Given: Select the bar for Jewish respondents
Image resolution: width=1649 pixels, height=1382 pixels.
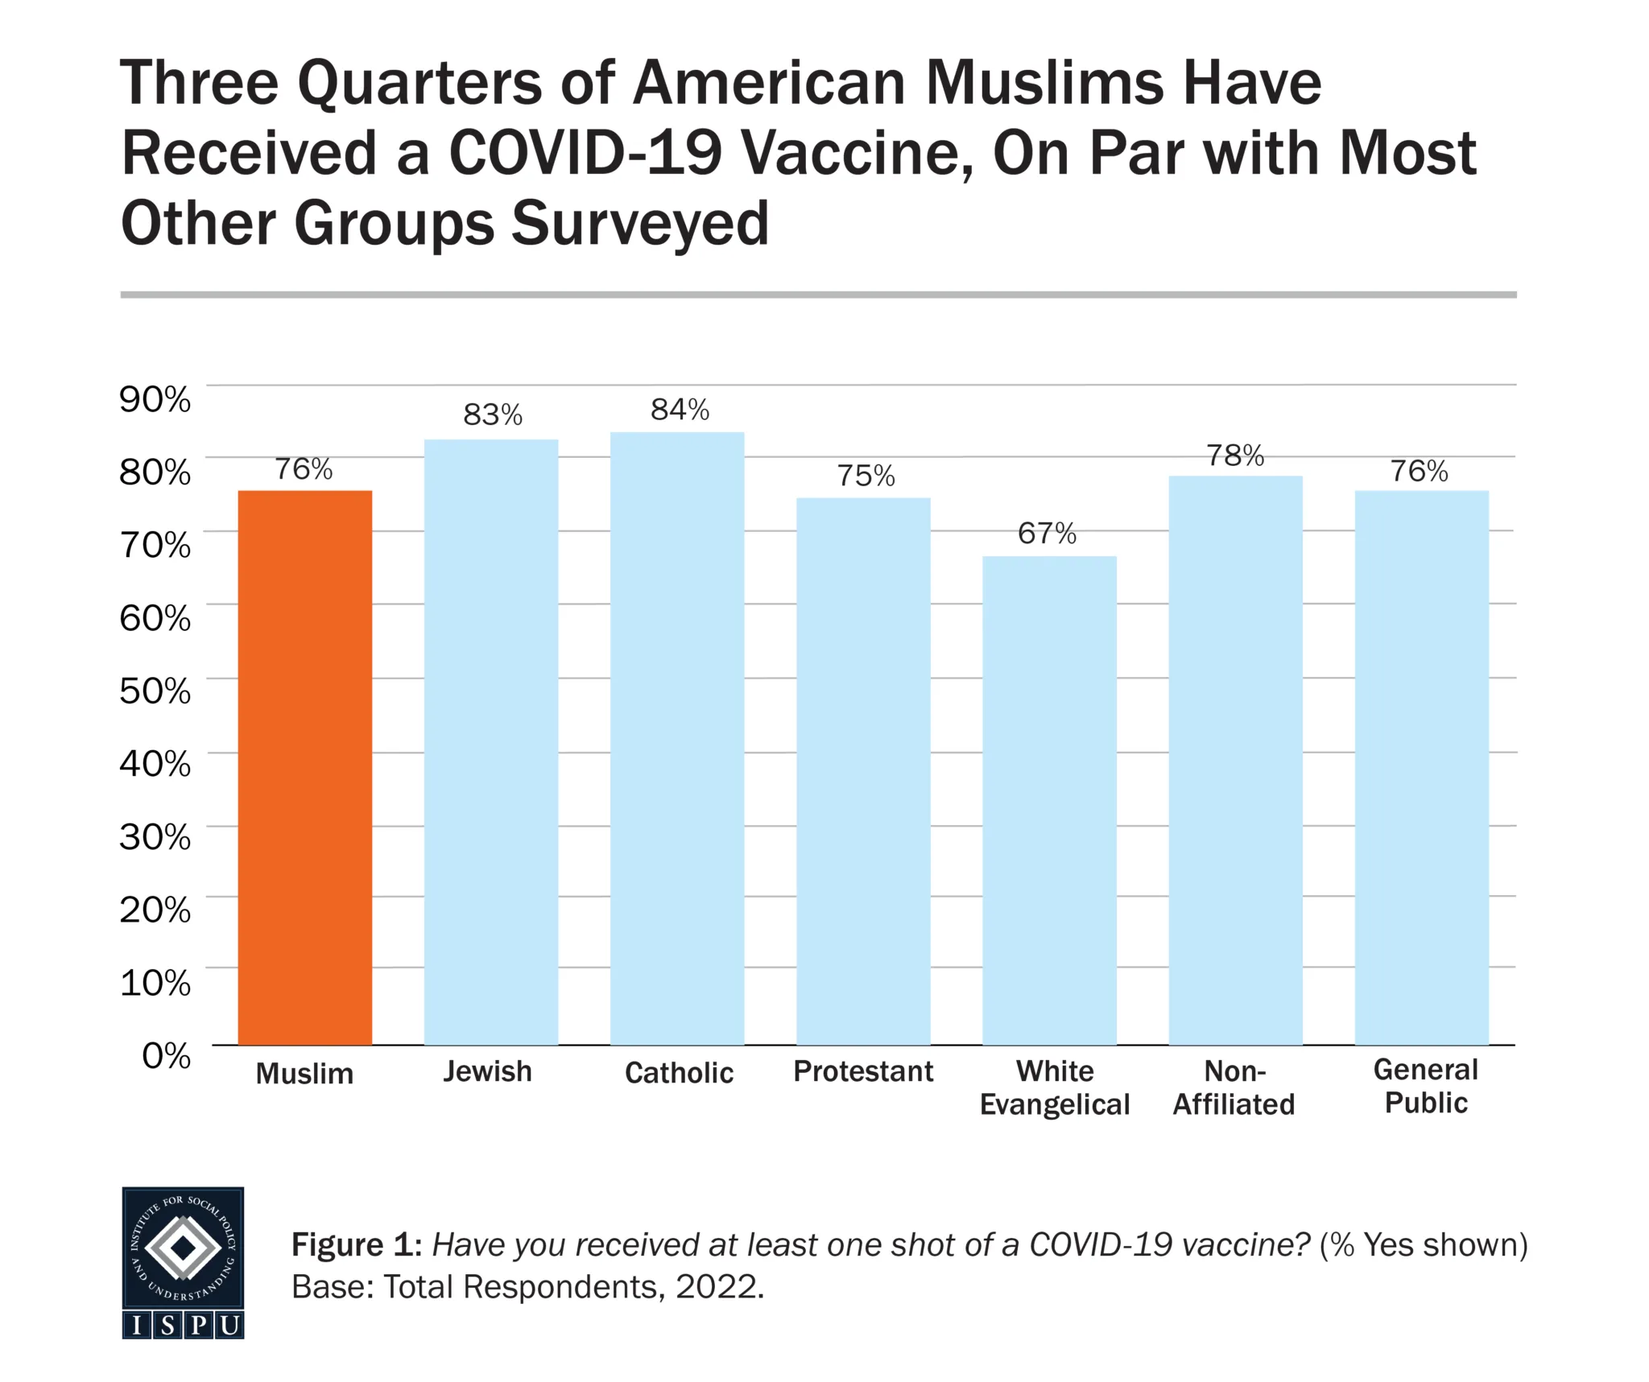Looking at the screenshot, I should [491, 741].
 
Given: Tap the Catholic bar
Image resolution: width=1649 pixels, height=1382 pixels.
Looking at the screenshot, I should [677, 738].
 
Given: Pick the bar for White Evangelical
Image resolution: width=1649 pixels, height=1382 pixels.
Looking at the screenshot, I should [1049, 800].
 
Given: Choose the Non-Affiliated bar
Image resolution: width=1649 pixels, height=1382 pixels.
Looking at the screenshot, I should [1235, 760].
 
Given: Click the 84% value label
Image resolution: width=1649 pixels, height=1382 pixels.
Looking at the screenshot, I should [680, 410].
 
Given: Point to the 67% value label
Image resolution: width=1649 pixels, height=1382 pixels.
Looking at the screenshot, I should [1047, 534].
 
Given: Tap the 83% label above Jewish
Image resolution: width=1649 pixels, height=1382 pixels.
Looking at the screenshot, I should [493, 415].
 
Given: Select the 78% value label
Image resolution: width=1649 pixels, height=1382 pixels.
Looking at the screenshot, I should [1235, 456].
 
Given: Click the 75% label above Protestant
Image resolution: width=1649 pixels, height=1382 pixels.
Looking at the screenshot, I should [866, 476].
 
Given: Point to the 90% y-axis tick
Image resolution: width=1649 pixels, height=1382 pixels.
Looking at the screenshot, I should [155, 399].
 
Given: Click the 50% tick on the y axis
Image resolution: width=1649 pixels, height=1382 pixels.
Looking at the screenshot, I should [155, 691].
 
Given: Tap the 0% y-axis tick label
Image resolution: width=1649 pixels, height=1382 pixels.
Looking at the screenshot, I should [166, 1055].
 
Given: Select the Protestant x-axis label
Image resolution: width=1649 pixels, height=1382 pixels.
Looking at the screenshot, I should [863, 1071].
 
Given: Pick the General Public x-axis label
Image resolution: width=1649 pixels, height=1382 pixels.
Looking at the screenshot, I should [1425, 1086].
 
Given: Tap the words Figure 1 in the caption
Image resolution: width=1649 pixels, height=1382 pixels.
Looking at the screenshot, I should [356, 1244].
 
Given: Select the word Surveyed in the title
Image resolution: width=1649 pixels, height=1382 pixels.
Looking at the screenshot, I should [640, 223].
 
